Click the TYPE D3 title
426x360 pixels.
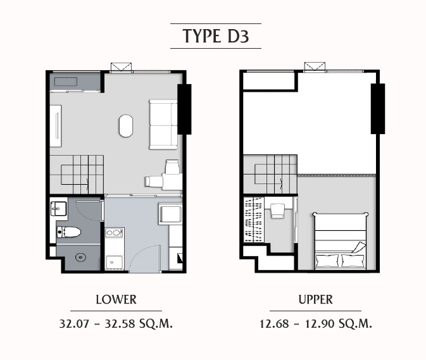pyautogui.click(x=216, y=36)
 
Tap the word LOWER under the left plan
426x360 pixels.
pyautogui.click(x=116, y=299)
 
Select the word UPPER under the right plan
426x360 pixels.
pyautogui.click(x=315, y=299)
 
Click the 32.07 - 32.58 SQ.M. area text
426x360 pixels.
pyautogui.click(x=116, y=323)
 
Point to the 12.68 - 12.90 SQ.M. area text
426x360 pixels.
pyautogui.click(x=316, y=323)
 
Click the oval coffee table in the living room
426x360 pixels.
pyautogui.click(x=126, y=126)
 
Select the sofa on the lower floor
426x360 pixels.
pyautogui.click(x=163, y=125)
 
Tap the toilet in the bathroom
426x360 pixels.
pyautogui.click(x=68, y=232)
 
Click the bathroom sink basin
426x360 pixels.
pyautogui.click(x=58, y=209)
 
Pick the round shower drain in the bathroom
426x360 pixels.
pyautogui.click(x=80, y=257)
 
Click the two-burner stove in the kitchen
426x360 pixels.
pyautogui.click(x=114, y=233)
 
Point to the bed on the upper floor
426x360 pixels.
pyautogui.click(x=341, y=241)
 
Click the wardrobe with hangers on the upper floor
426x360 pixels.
pyautogui.click(x=254, y=220)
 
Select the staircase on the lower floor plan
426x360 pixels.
pyautogui.click(x=77, y=174)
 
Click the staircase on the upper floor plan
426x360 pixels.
pyautogui.click(x=270, y=174)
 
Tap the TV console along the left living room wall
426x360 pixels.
pyautogui.click(x=56, y=126)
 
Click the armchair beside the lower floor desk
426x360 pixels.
pyautogui.click(x=154, y=182)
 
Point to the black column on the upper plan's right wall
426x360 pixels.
pyautogui.click(x=378, y=109)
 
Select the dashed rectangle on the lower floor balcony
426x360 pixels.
pyautogui.click(x=66, y=82)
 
